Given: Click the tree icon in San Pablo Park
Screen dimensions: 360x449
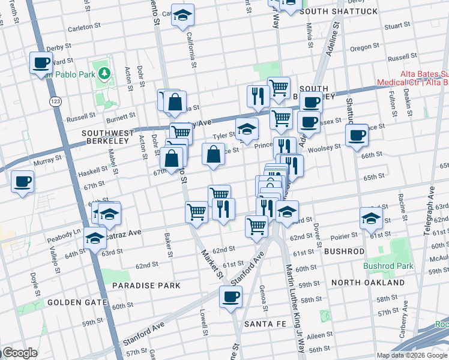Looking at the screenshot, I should (105, 73).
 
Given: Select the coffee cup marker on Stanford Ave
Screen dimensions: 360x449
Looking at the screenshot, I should (231, 296).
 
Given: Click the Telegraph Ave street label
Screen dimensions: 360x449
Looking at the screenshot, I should (431, 212).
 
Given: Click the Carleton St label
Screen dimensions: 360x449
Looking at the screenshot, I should (83, 27).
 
